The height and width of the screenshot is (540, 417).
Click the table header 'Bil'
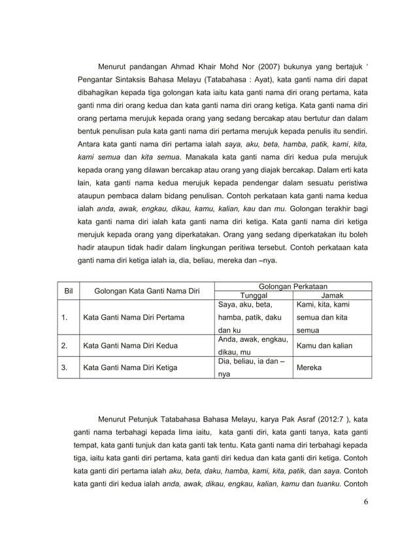pos(67,290)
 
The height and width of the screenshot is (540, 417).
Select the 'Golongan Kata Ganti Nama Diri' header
pos(147,290)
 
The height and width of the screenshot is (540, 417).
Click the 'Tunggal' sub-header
pos(255,295)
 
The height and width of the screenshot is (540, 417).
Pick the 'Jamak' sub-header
pos(332,295)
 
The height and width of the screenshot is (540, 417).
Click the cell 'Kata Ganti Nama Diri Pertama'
pos(133,318)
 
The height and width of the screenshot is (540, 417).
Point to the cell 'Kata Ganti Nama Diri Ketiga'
pos(129,367)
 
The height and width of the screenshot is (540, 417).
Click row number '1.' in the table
pos(65,318)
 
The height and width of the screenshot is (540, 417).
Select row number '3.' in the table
pos(65,367)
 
